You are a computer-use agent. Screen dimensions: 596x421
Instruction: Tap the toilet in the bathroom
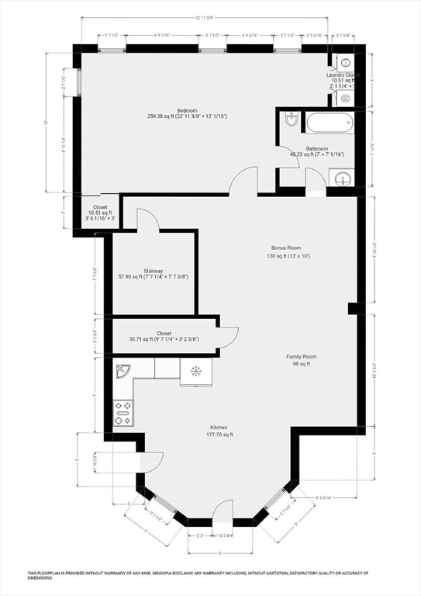pyautogui.click(x=292, y=120)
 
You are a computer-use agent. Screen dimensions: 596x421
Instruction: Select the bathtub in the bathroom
pyautogui.click(x=329, y=123)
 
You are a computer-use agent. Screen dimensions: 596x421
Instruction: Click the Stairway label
pyautogui.click(x=153, y=273)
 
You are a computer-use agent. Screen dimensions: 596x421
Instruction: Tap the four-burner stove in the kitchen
pyautogui.click(x=123, y=412)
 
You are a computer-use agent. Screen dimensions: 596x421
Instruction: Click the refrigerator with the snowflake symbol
pyautogui.click(x=196, y=371)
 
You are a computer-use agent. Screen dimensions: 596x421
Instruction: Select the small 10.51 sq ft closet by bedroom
pyautogui.click(x=98, y=214)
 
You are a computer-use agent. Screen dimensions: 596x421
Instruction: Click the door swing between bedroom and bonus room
pyautogui.click(x=241, y=182)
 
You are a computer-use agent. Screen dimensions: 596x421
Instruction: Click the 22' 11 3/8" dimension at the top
pyautogui.click(x=205, y=17)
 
